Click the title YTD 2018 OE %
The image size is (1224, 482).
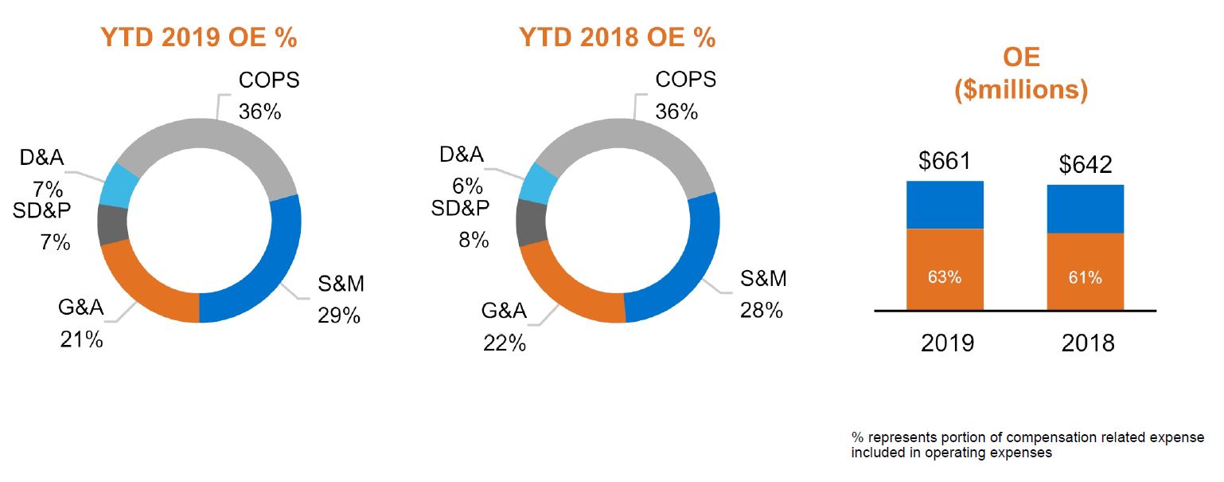[x=617, y=38]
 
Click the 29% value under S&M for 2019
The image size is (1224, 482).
[x=339, y=315]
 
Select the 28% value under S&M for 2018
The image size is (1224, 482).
[x=762, y=310]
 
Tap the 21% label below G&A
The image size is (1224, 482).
[x=81, y=340]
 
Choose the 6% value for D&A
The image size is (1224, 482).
[x=467, y=186]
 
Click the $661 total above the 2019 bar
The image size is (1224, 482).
[x=945, y=162]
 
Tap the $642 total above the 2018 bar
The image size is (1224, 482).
[x=1086, y=165]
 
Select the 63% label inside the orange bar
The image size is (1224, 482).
[x=945, y=278]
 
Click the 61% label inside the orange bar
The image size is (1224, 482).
[x=1086, y=278]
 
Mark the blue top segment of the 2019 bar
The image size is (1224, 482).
[x=945, y=205]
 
